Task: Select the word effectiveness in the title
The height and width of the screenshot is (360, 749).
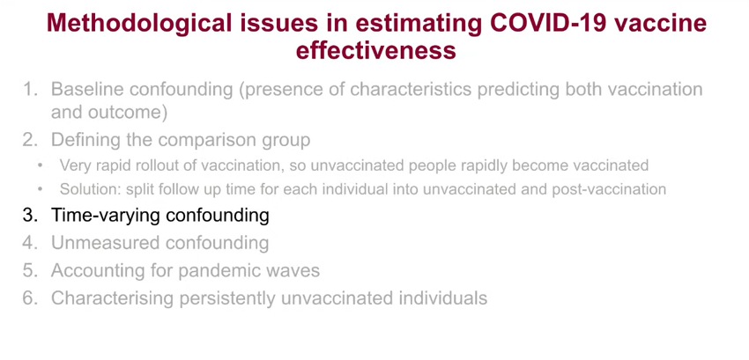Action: coord(376,50)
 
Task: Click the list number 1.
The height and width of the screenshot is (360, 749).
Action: coord(29,89)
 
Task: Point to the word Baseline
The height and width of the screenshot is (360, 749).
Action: coord(86,89)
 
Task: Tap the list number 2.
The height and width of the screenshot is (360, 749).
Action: coord(29,140)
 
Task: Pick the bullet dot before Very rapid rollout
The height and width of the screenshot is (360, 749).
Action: coord(41,165)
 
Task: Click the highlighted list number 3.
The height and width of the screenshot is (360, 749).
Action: coord(29,216)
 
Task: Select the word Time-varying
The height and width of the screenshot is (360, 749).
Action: coord(106,216)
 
